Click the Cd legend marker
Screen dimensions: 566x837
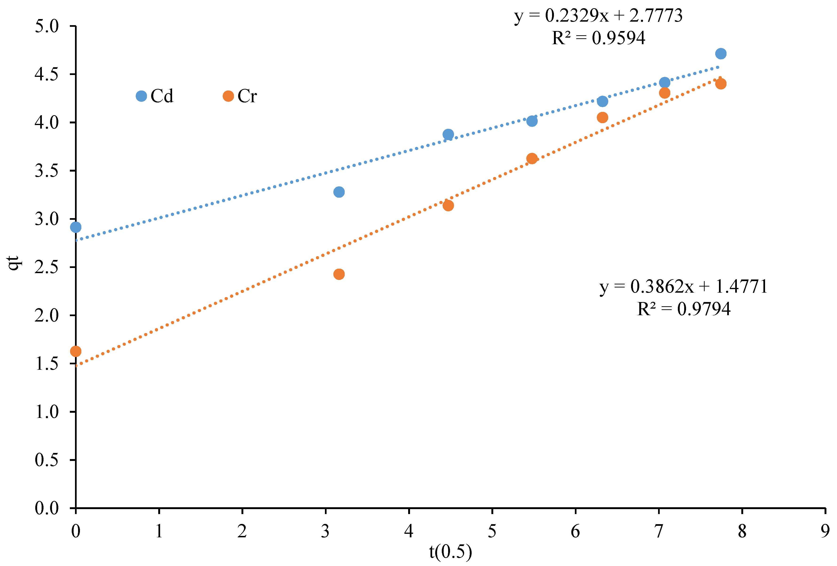click(x=141, y=96)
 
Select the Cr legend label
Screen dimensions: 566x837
click(x=247, y=96)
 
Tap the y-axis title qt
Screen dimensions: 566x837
click(x=14, y=263)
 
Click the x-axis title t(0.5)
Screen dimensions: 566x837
click(x=450, y=552)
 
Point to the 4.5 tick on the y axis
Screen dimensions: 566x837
click(x=47, y=75)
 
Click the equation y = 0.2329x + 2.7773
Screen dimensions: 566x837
click(x=598, y=16)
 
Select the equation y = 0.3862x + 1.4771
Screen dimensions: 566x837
click(x=683, y=287)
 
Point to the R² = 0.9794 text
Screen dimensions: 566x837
click(x=683, y=309)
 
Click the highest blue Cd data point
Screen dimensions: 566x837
click(x=721, y=54)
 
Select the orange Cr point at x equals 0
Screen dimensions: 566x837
click(x=76, y=351)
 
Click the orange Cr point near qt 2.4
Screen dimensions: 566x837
click(x=339, y=274)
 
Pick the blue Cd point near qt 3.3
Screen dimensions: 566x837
click(x=339, y=192)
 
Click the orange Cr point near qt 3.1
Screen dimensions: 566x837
click(x=448, y=206)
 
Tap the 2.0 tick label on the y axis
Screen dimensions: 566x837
click(x=47, y=315)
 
